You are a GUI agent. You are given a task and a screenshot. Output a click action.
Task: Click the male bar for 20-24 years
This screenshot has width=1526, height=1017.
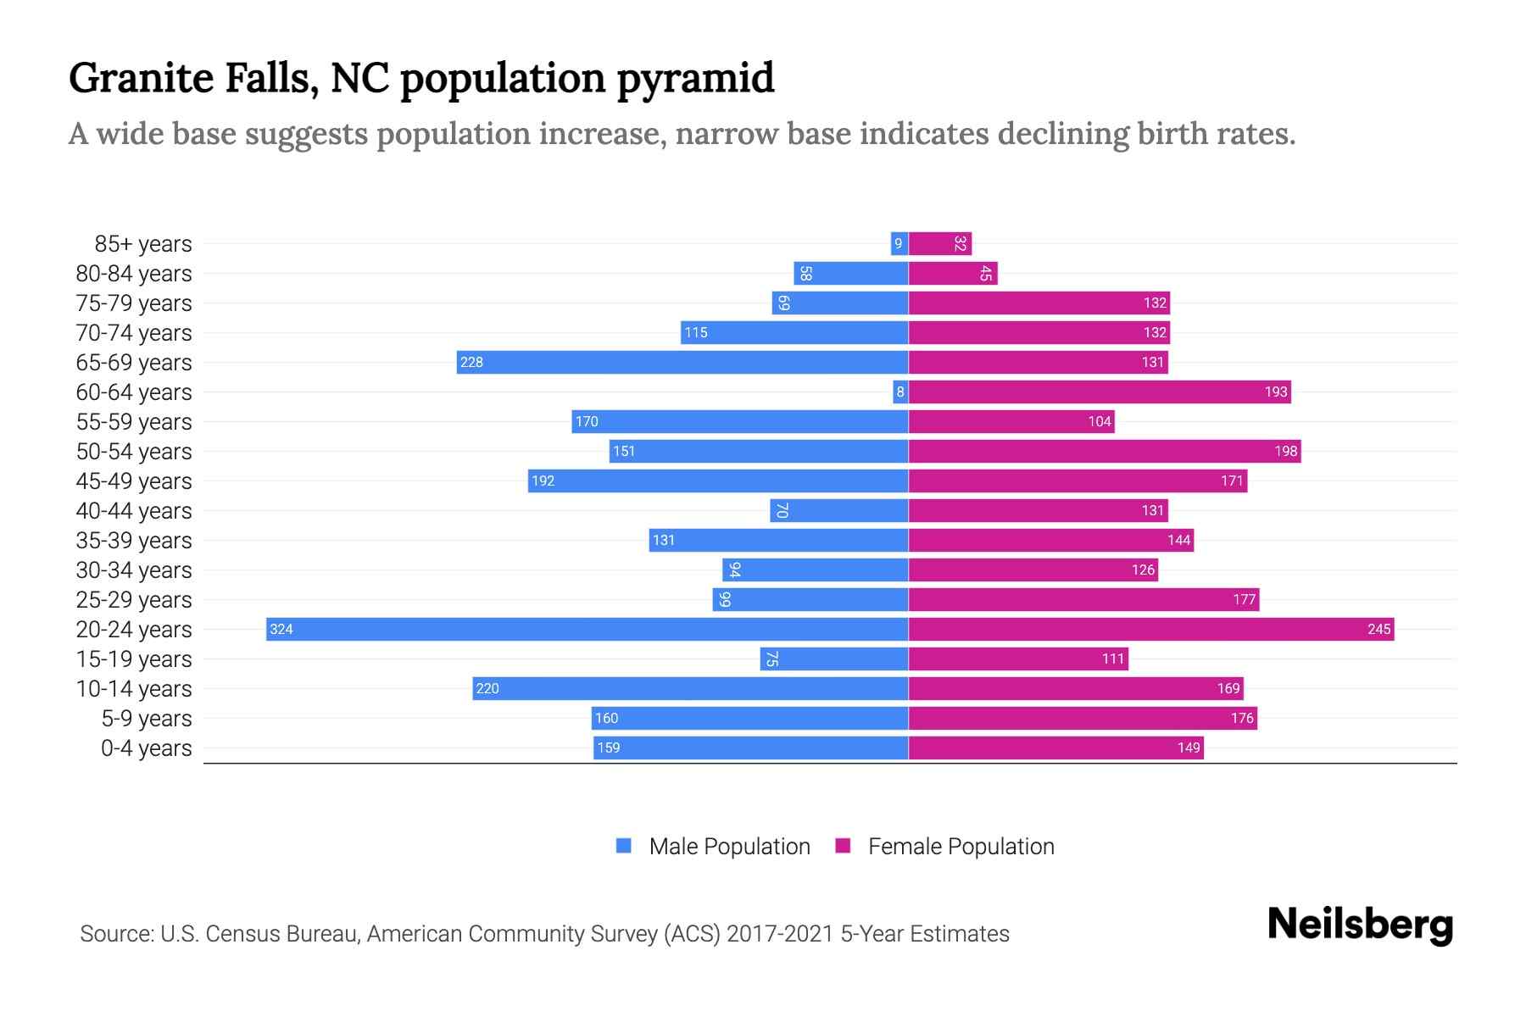587,629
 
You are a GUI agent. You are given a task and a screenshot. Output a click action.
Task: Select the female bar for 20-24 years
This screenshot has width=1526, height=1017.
1150,629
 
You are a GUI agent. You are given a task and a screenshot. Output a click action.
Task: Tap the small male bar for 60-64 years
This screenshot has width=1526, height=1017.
900,392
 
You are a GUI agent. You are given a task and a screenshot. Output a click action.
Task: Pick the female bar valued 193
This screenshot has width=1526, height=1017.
1099,392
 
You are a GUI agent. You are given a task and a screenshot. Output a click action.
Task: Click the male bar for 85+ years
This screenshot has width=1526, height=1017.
899,243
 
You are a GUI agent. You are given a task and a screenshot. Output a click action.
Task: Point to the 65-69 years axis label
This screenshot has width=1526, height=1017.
134,363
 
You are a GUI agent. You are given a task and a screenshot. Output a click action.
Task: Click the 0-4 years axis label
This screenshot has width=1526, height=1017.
146,748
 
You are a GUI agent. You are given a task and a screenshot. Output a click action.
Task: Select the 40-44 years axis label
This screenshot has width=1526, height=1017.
134,511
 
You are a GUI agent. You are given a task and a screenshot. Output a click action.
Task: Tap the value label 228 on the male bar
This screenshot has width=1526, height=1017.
471,363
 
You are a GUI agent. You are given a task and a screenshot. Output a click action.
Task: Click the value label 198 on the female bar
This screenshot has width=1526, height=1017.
1285,451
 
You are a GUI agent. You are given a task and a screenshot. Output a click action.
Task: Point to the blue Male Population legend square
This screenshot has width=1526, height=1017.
624,846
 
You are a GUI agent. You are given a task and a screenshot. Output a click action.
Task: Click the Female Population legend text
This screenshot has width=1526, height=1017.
961,847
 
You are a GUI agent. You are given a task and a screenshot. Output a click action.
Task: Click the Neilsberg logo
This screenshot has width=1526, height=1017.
1360,925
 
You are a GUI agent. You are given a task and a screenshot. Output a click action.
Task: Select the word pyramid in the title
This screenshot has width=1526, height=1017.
694,79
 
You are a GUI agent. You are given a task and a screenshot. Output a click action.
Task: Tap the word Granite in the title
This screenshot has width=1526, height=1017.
141,78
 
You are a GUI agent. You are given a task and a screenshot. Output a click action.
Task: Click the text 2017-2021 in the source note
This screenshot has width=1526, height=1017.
779,934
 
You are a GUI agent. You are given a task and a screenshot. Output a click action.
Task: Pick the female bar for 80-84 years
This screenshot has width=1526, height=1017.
953,273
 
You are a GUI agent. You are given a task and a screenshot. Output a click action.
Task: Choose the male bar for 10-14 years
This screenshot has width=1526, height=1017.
690,688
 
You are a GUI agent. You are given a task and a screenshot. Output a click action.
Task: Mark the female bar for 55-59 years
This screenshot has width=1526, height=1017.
1011,421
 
